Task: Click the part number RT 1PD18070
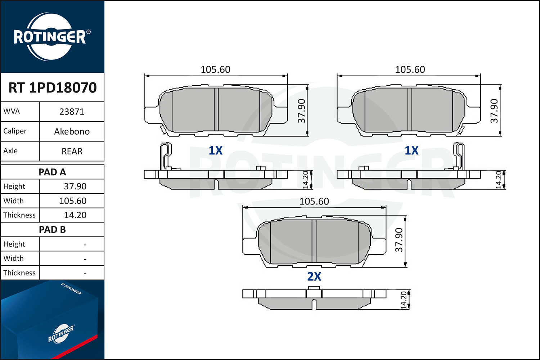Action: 53,87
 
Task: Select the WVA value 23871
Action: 72,112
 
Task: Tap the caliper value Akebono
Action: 72,131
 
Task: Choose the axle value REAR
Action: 72,151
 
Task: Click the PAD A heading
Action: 52,172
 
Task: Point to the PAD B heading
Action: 52,230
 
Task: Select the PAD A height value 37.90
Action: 75,186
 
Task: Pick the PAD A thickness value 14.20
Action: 75,215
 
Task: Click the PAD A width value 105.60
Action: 73,201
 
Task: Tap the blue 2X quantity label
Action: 314,276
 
